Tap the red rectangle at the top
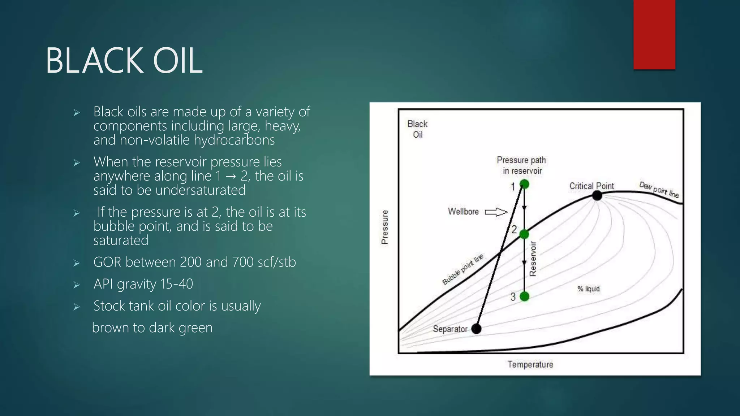[x=654, y=34]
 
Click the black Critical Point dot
[x=597, y=196]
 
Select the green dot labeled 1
[x=524, y=185]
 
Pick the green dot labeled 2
[x=524, y=234]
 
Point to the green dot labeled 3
[x=524, y=296]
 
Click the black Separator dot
[x=476, y=329]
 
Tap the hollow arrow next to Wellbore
[x=496, y=212]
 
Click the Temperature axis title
[x=530, y=364]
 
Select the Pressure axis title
[x=385, y=227]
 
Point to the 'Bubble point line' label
[x=462, y=269]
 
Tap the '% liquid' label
[x=588, y=289]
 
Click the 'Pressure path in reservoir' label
[x=521, y=165]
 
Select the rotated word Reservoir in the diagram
[x=533, y=259]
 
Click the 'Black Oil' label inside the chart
[x=417, y=129]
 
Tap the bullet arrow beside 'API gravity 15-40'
[x=76, y=285]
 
